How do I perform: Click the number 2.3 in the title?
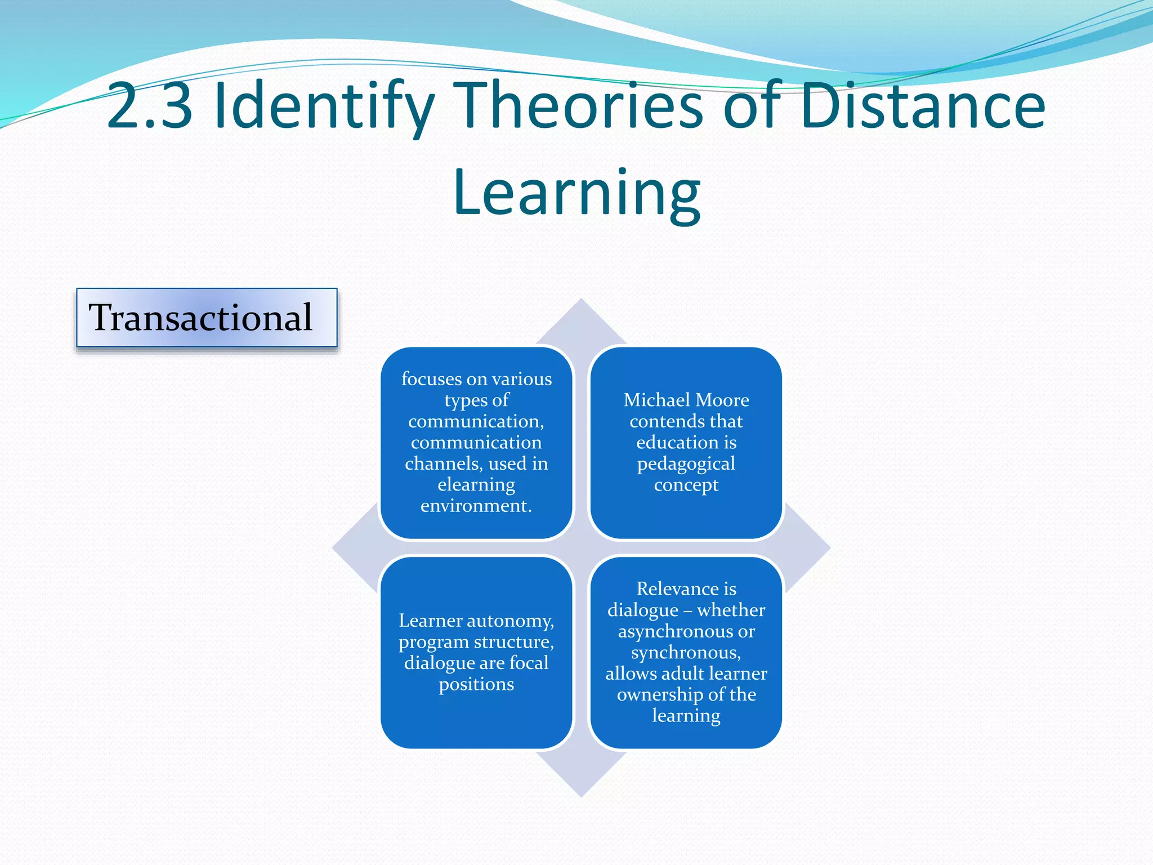[x=150, y=106]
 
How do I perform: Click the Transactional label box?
[x=207, y=318]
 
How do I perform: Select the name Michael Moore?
[x=686, y=400]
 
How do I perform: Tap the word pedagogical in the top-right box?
[x=686, y=463]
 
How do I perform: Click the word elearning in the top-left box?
[x=476, y=484]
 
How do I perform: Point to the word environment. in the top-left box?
[x=476, y=506]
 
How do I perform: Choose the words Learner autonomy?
[x=476, y=621]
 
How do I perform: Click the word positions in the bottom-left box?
[x=476, y=684]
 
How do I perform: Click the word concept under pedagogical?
[x=686, y=485]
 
